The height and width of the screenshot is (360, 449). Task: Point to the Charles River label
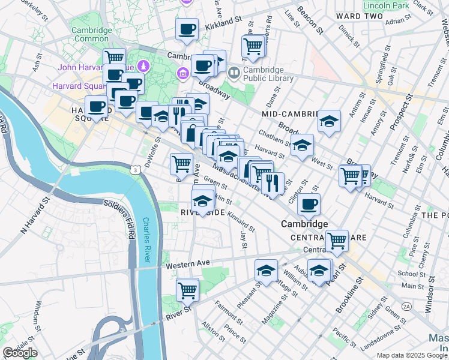point(146,239)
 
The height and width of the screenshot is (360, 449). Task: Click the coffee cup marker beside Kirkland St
point(187,28)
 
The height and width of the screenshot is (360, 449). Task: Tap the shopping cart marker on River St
point(187,289)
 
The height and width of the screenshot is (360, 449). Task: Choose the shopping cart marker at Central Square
point(337,240)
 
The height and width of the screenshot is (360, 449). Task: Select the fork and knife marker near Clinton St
point(273,183)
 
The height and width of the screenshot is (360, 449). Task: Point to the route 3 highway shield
point(137,171)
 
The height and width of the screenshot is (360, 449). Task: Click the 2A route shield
point(407,307)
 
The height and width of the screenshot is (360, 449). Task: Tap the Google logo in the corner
point(20,353)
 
